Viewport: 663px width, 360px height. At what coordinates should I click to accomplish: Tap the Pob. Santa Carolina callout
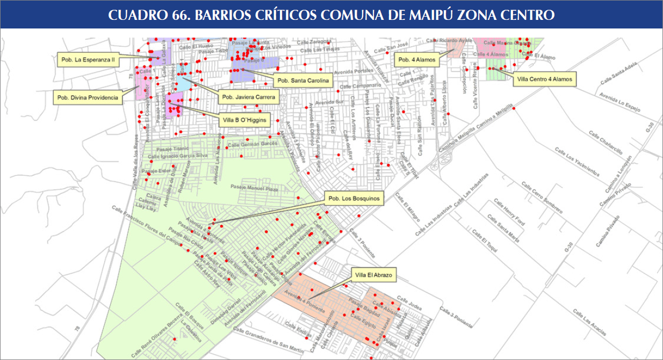coord(302,81)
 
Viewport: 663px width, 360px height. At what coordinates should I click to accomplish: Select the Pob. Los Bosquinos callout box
coord(355,198)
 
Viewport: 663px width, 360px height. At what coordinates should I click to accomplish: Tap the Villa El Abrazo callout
coord(374,276)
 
